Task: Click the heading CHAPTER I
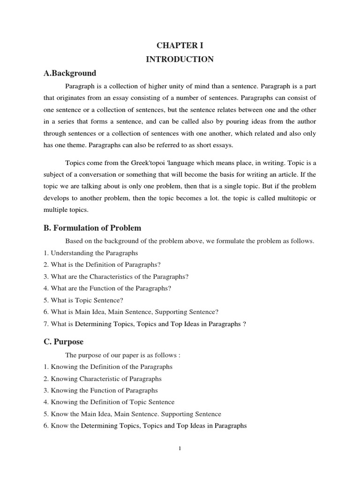180,45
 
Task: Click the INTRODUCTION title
180,59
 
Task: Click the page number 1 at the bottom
180,449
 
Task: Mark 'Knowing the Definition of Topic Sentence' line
108,402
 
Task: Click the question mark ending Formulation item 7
245,323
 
